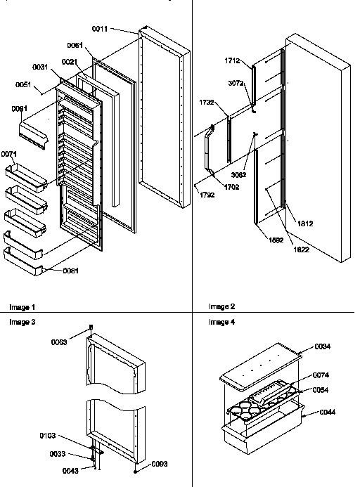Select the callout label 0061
pyautogui.click(x=75, y=45)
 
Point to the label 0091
pyautogui.click(x=20, y=108)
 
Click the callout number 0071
pyautogui.click(x=9, y=153)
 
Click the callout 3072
pyautogui.click(x=236, y=84)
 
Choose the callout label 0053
pyautogui.click(x=59, y=342)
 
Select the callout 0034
pyautogui.click(x=323, y=346)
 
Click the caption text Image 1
pyautogui.click(x=22, y=307)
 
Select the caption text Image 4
pyautogui.click(x=222, y=322)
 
